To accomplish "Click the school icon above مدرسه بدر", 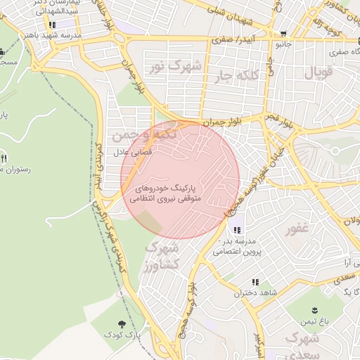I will click(x=236, y=229).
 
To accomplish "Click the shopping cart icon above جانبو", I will click(x=283, y=34).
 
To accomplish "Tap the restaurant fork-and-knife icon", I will click(x=5, y=158).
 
